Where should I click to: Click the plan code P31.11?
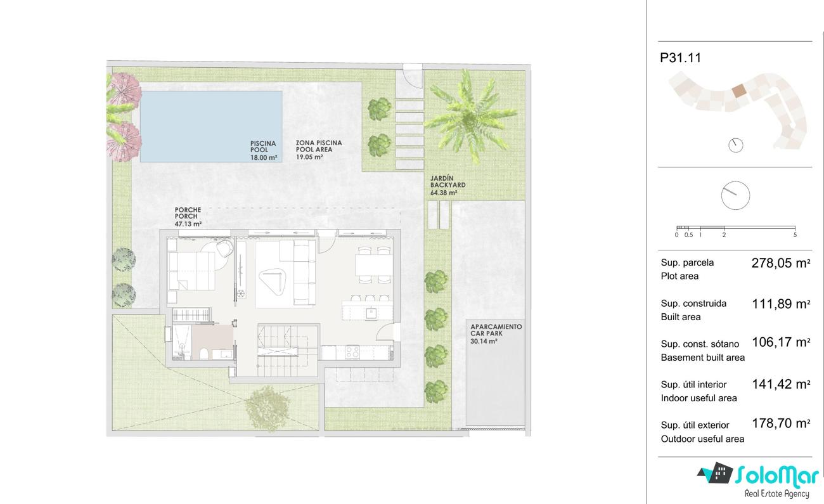pyautogui.click(x=681, y=58)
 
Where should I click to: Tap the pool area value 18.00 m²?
pyautogui.click(x=264, y=157)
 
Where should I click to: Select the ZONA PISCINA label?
pyautogui.click(x=319, y=143)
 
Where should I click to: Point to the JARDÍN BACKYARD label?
pyautogui.click(x=447, y=182)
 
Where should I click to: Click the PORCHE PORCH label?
pyautogui.click(x=188, y=213)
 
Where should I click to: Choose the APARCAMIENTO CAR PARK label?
pyautogui.click(x=496, y=330)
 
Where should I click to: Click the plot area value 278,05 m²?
pyautogui.click(x=781, y=263)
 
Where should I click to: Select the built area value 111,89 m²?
pyautogui.click(x=781, y=304)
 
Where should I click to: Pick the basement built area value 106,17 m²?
pyautogui.click(x=781, y=342)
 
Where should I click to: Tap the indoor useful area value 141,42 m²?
pyautogui.click(x=781, y=384)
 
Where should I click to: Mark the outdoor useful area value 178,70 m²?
pyautogui.click(x=781, y=423)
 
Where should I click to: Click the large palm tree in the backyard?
pyautogui.click(x=470, y=117)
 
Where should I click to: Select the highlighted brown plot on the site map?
pyautogui.click(x=738, y=91)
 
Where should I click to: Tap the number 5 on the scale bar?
pyautogui.click(x=795, y=235)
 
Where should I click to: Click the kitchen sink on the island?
pyautogui.click(x=371, y=313)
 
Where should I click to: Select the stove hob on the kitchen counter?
pyautogui.click(x=352, y=352)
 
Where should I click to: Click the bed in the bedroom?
pyautogui.click(x=191, y=271)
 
